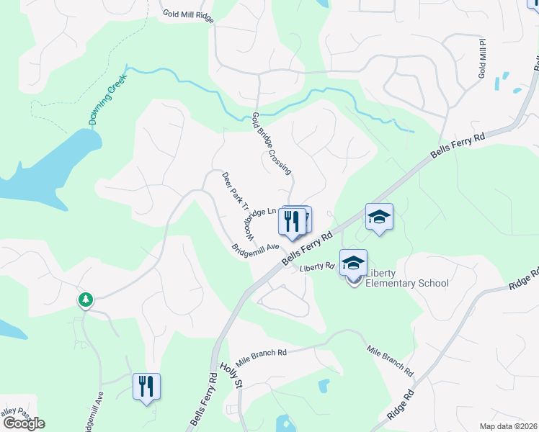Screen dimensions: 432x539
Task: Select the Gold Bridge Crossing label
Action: click(x=272, y=143)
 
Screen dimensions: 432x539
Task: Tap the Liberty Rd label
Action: click(x=317, y=267)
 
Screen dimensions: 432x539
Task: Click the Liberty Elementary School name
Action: click(x=407, y=278)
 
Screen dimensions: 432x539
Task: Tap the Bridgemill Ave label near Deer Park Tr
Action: click(x=255, y=248)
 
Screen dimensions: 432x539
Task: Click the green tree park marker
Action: click(x=86, y=299)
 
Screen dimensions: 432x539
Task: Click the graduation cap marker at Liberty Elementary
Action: click(x=353, y=264)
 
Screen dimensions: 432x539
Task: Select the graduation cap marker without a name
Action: click(x=379, y=217)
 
